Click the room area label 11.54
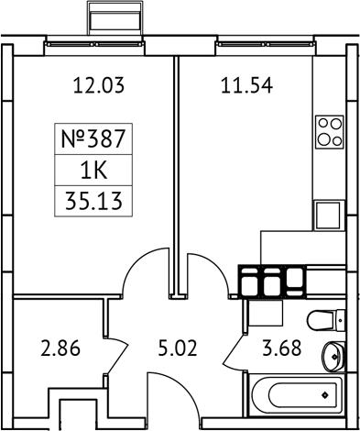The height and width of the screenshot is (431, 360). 247,88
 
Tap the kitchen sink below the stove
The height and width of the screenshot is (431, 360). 329,215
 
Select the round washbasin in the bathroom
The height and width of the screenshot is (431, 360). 334,355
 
